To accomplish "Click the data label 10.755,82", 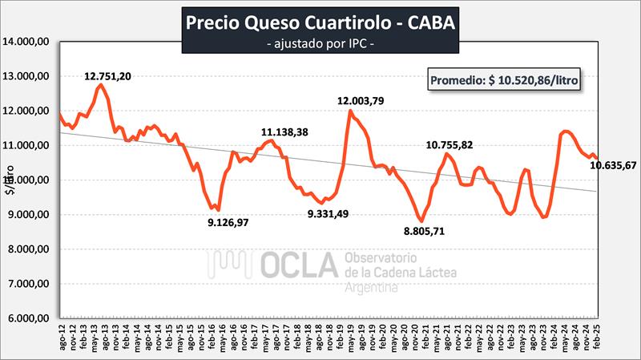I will [453, 144].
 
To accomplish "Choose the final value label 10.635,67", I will [613, 166].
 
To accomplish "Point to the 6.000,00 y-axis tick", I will [30, 318].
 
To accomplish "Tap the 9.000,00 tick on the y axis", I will [30, 215].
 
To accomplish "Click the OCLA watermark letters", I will [296, 265].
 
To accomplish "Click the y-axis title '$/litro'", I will [10, 180].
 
